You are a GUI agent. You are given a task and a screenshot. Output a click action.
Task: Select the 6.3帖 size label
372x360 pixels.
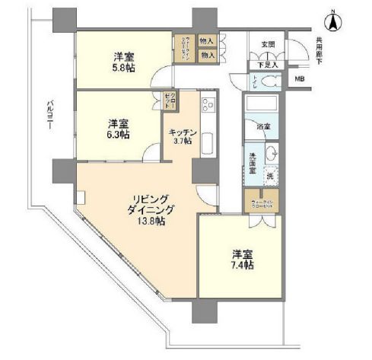click(117, 134)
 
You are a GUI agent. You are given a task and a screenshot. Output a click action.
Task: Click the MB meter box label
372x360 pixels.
click(300, 79)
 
